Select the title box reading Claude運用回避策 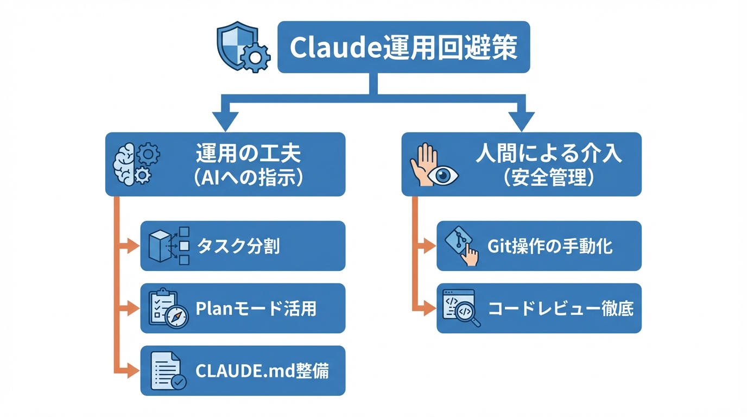point(403,47)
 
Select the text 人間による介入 point(548,154)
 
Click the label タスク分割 point(238,246)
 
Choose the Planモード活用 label point(255,308)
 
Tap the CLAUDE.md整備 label point(262,371)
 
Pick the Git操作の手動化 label point(550,246)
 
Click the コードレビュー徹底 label point(561,308)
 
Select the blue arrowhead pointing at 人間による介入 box point(521,121)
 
